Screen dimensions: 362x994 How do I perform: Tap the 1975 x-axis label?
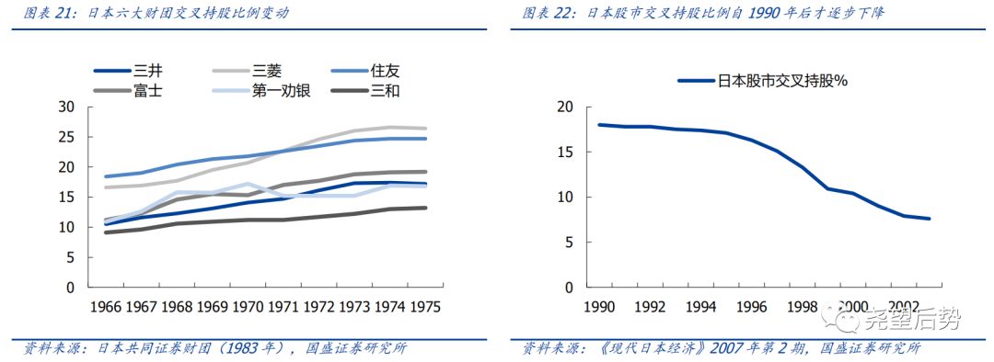pyautogui.click(x=424, y=305)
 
